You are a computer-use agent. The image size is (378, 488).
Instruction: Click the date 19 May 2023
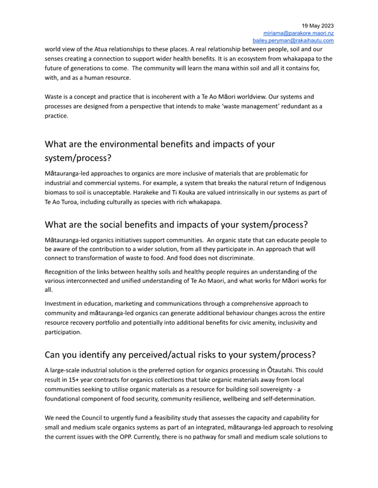(x=318, y=26)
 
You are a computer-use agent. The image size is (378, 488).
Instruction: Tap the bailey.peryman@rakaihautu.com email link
(x=293, y=41)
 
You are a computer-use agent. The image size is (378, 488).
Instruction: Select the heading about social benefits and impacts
(x=176, y=225)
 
